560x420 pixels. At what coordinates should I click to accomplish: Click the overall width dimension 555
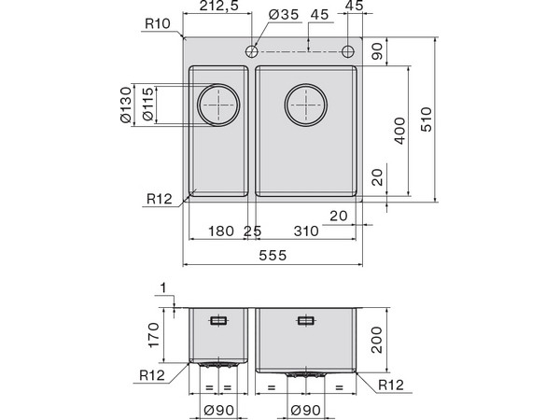coord(271,253)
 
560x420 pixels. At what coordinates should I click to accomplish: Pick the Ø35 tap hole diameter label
coord(282,15)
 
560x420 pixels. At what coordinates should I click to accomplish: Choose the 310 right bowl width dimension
coord(304,231)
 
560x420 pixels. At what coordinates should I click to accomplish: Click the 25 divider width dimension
coord(252,231)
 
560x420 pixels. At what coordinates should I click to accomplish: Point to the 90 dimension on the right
coord(378,50)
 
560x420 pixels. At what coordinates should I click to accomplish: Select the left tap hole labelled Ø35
coord(252,50)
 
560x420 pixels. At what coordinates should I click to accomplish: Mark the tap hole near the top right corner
coord(348,50)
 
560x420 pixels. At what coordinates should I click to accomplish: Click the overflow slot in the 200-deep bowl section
coord(305,321)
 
